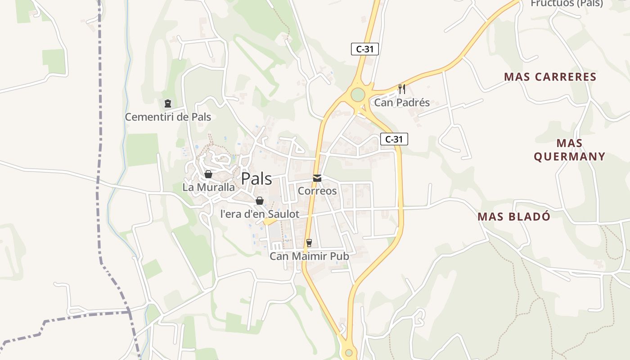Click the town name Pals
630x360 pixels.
[256, 179]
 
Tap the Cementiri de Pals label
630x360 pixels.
[168, 117]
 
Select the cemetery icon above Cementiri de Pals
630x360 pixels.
[168, 104]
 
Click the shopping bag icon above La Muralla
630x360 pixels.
[208, 174]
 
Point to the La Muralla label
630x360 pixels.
[208, 187]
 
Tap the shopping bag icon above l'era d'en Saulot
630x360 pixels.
[260, 201]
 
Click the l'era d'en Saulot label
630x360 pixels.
[260, 214]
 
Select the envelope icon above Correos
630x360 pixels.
[317, 178]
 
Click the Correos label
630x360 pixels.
[317, 191]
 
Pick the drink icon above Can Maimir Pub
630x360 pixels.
[309, 243]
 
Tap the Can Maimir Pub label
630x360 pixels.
[309, 256]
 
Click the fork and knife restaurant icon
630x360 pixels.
[402, 89]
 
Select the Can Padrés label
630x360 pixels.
[402, 103]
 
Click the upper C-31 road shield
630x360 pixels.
[364, 49]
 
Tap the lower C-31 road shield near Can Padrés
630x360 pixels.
[394, 139]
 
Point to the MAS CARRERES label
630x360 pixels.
[550, 77]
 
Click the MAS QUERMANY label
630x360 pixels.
[569, 150]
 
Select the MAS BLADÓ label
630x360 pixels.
[514, 216]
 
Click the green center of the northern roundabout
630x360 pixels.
[358, 94]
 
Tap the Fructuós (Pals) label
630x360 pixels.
[567, 4]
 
